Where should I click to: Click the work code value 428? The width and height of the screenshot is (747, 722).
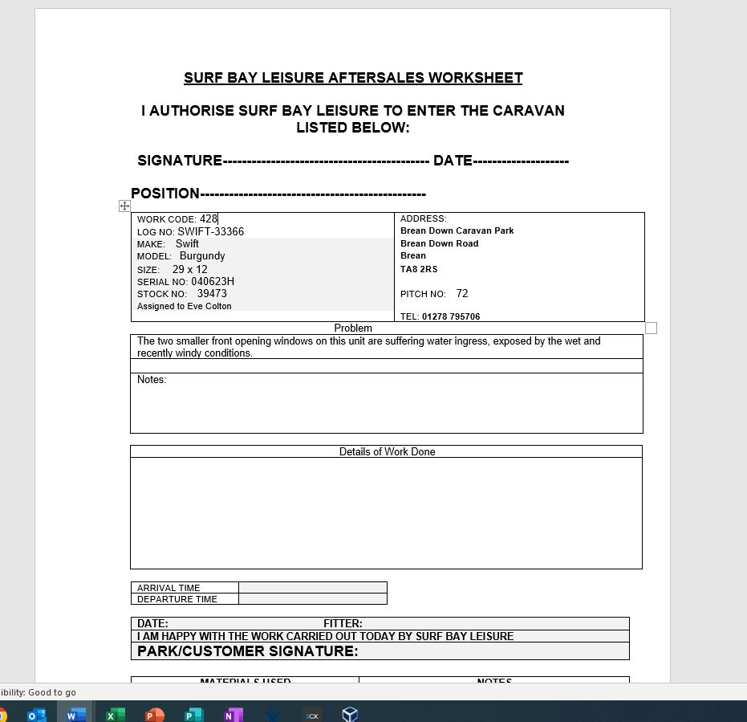tap(209, 218)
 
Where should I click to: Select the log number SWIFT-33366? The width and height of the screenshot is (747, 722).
tap(210, 231)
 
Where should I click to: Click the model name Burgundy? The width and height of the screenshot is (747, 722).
tap(202, 256)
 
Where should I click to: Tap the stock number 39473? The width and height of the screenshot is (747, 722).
tap(212, 294)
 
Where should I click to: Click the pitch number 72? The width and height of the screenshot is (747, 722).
tap(462, 294)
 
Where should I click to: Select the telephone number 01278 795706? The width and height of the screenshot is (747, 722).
tap(451, 316)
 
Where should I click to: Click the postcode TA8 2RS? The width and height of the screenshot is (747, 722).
tap(419, 269)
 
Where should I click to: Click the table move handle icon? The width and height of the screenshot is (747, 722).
tap(124, 206)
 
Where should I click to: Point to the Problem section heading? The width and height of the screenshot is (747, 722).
tap(353, 328)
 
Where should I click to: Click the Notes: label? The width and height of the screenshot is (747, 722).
tap(152, 380)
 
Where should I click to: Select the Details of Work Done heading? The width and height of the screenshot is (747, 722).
tap(387, 451)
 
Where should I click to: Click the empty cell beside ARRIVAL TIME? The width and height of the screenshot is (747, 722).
tap(312, 587)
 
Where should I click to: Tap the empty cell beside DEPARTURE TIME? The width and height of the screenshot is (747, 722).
tap(312, 599)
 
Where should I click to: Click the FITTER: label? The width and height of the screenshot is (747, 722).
tap(343, 623)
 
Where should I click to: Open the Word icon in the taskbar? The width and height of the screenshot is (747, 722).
tap(75, 715)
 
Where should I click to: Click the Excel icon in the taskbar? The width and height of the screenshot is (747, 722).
tap(115, 715)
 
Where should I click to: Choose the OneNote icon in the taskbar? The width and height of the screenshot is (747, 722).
tap(233, 715)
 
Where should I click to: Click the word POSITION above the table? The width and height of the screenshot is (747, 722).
tap(165, 194)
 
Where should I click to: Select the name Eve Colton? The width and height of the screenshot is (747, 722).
tap(209, 306)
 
